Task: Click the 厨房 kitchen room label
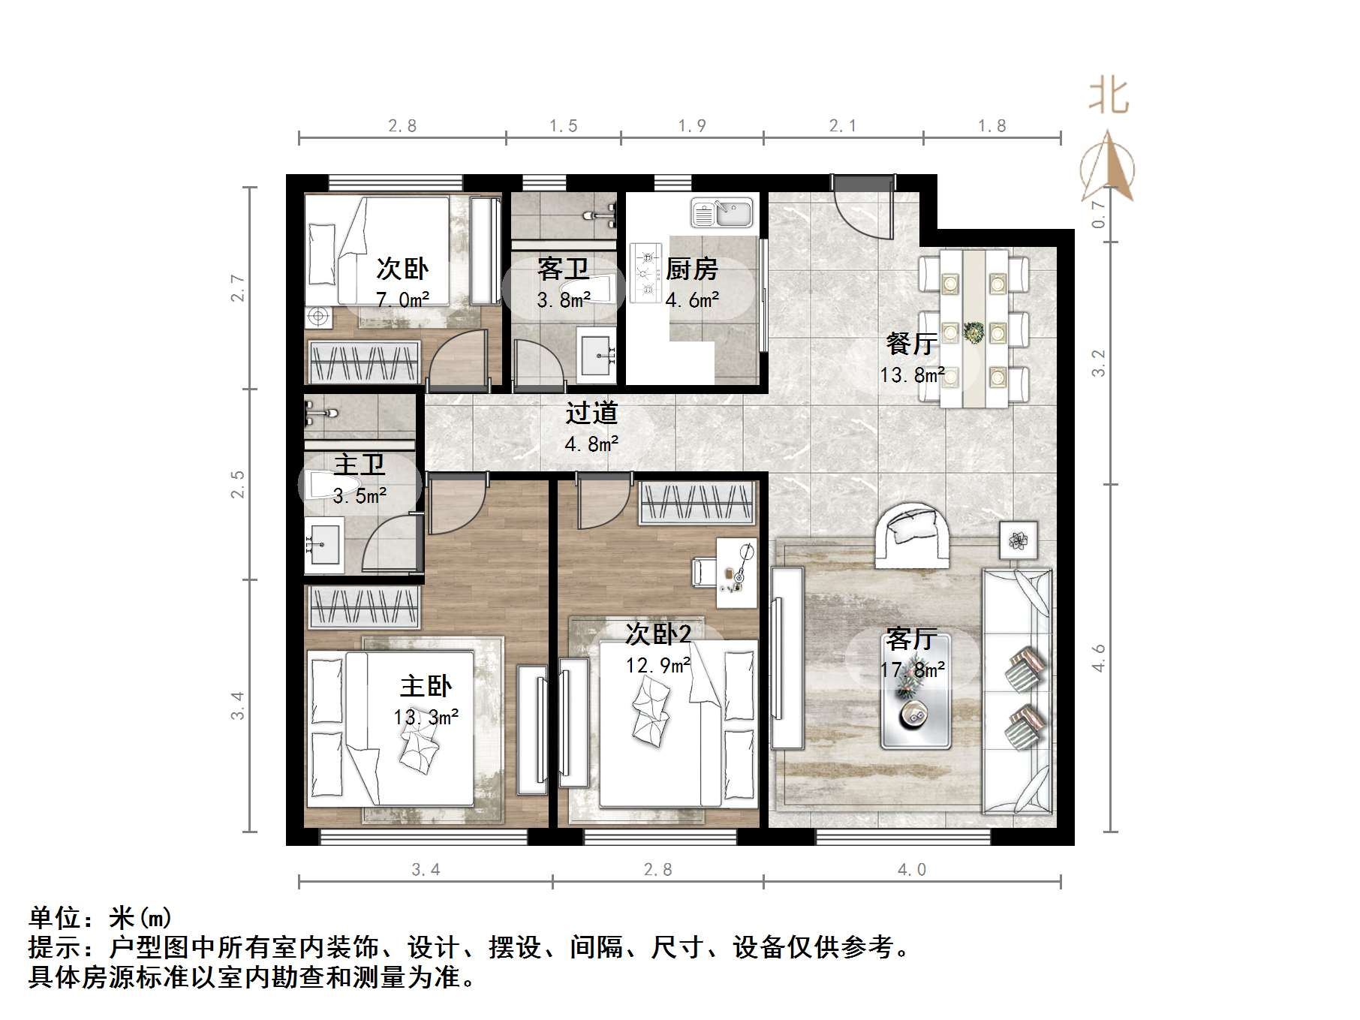click(691, 269)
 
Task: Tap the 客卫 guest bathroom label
click(563, 269)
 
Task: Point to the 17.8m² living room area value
click(912, 669)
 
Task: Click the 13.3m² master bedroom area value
click(426, 718)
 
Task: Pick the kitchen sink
click(721, 212)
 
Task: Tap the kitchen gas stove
click(645, 272)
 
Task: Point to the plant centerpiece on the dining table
click(974, 331)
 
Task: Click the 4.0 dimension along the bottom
click(911, 869)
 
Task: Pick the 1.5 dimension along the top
click(563, 125)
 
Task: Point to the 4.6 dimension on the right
click(1098, 657)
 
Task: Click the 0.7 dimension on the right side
click(1098, 214)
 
